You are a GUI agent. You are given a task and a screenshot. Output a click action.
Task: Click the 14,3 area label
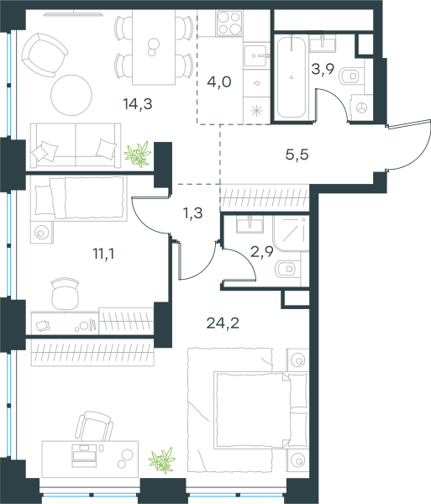click(x=138, y=104)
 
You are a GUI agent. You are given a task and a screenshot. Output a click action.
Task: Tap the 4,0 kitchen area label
click(x=219, y=82)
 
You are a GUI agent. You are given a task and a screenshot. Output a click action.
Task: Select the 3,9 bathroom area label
click(x=323, y=69)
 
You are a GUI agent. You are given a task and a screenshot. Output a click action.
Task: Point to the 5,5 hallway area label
click(x=297, y=155)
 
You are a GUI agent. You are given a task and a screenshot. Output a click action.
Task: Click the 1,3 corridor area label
click(x=193, y=213)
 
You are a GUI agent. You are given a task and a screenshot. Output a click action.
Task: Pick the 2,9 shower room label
click(x=261, y=252)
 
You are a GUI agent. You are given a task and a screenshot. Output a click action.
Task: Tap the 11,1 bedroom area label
click(x=103, y=254)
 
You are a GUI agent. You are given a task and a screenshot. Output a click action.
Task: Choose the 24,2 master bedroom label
click(x=223, y=323)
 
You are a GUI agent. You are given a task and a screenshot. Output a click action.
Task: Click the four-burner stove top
click(x=229, y=23)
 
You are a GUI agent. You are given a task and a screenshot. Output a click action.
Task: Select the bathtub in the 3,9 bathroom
click(x=292, y=77)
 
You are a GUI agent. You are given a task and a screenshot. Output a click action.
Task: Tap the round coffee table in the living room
click(x=71, y=95)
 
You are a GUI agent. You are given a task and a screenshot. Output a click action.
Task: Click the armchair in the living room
click(x=44, y=55)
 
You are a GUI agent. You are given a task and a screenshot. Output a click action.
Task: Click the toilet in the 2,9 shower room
click(x=288, y=269)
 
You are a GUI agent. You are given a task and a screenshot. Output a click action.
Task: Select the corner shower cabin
click(x=292, y=234)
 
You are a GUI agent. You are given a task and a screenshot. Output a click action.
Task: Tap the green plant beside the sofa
click(x=138, y=155)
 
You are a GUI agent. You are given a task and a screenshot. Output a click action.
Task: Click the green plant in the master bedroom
click(x=162, y=460)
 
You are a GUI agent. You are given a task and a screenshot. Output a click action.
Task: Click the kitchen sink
click(x=256, y=56)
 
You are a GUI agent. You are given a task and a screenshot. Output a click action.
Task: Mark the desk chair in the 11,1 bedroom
click(x=65, y=294)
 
